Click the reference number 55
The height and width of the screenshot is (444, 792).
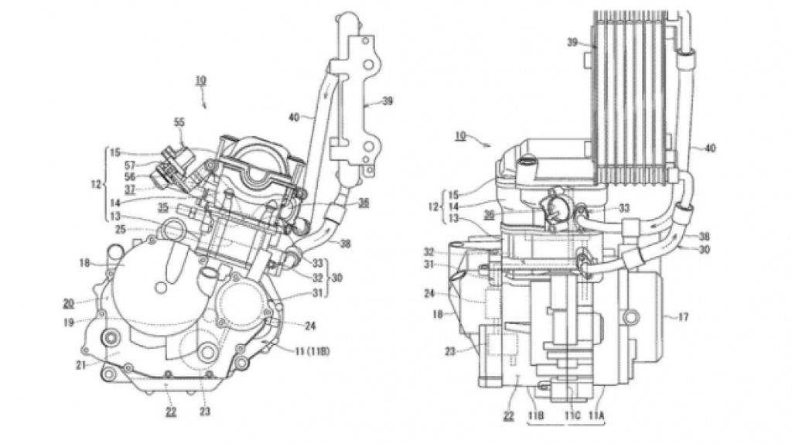(x=179, y=122)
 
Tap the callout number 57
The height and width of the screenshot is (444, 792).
(x=130, y=165)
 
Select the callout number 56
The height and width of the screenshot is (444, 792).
(x=130, y=177)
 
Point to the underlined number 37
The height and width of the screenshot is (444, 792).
(x=130, y=190)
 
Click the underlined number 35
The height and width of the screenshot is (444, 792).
(x=162, y=207)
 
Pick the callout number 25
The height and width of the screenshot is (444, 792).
(x=120, y=230)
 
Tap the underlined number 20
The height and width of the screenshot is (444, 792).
(x=68, y=303)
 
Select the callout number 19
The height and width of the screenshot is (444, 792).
(x=69, y=321)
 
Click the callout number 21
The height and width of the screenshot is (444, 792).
(x=80, y=365)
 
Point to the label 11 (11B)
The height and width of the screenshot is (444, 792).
(x=312, y=351)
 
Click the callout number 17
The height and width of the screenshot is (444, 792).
(x=683, y=317)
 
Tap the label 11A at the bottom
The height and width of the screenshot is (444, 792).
(x=596, y=415)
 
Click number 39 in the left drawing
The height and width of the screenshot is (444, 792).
(x=387, y=101)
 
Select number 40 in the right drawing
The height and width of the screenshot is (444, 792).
(x=710, y=148)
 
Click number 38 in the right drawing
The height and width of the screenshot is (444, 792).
(x=704, y=236)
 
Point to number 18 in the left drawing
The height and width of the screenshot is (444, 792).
(x=84, y=263)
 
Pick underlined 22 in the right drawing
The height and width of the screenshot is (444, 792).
(x=509, y=415)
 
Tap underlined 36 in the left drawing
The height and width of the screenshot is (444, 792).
(x=364, y=203)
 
